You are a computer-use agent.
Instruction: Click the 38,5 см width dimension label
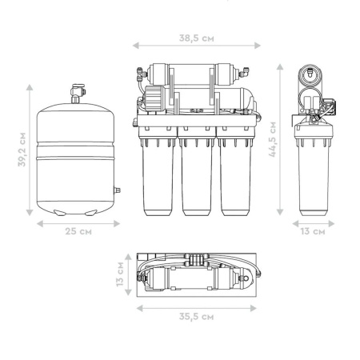pos(197,38)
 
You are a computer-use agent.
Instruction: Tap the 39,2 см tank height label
pos(22,150)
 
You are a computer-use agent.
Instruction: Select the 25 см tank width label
pos(78,231)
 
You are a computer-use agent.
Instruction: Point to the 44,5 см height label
pos(273,139)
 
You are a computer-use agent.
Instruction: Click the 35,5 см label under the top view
pos(197,317)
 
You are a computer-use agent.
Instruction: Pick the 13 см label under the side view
pos(313,231)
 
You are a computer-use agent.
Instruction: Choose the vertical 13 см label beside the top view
pos(120,274)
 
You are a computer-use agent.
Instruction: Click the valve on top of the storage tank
pos(78,94)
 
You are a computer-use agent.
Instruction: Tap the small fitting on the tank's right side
pos(117,190)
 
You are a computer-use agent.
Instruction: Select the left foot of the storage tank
pos(59,212)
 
